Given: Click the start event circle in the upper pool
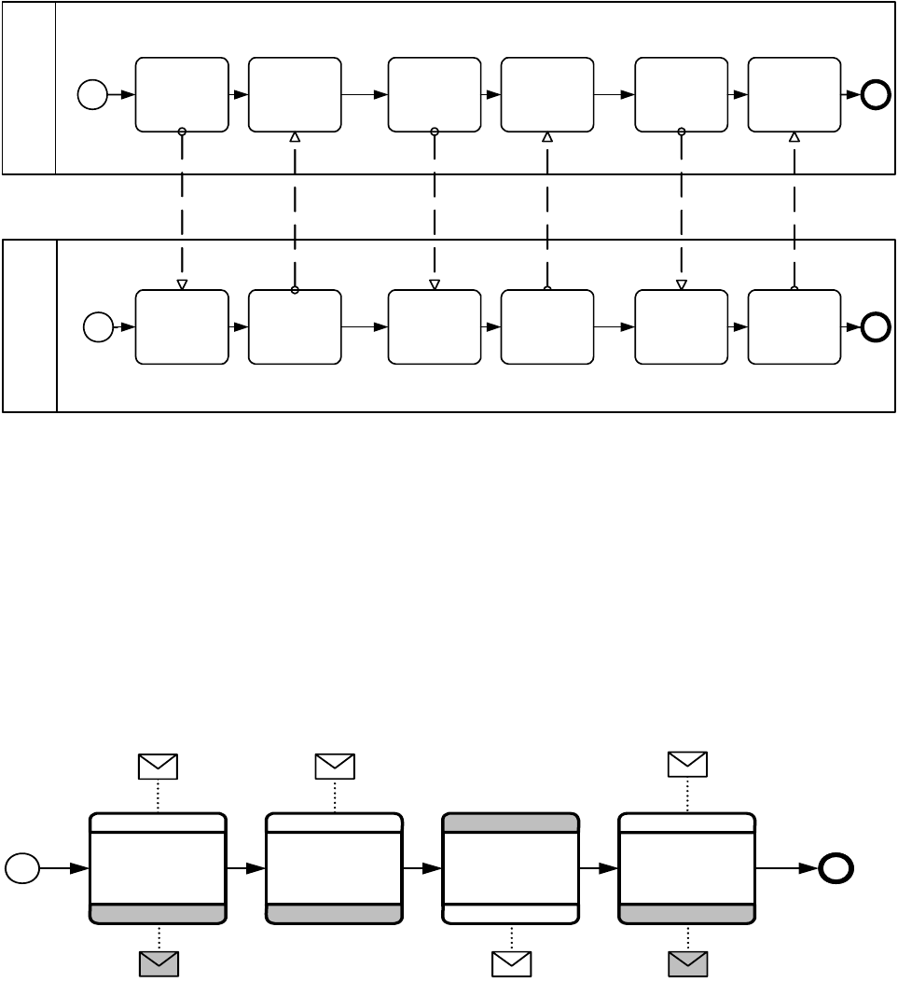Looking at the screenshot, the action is coord(92,94).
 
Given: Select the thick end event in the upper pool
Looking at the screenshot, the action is coord(876,94).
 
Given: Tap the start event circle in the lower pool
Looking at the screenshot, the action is coord(98,327).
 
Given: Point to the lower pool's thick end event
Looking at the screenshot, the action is coord(876,327).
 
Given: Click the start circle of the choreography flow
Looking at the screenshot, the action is coord(22,868).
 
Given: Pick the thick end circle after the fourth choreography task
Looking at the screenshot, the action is coord(836,868).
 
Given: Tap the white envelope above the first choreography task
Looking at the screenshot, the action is coord(158,767).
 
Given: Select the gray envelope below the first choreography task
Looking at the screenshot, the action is coord(159,964).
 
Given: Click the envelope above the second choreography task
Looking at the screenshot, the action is coord(335,767).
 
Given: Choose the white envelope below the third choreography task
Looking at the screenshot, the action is coord(511,964).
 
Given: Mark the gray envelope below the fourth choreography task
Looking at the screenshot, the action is coord(688,964).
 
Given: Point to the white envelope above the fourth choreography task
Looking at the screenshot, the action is coord(687,765).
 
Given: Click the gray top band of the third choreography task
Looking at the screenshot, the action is coord(511,823).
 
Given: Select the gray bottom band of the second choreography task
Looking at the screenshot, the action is coord(335,914).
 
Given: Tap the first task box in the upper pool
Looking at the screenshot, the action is coord(182,94).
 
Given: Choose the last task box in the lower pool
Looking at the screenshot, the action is coord(794,327).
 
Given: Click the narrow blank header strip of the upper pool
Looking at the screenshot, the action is coord(29,88).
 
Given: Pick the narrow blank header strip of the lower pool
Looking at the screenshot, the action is coord(30,326).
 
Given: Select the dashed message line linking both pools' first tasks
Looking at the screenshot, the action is coord(182,210).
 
